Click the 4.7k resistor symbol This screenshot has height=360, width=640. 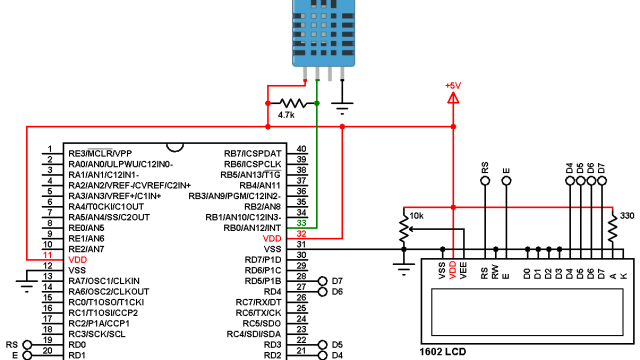292,103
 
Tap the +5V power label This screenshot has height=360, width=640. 454,85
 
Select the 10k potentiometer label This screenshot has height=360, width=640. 417,216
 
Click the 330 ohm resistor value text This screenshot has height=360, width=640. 627,216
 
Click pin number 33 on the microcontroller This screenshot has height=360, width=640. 301,223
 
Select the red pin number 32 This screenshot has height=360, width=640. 301,234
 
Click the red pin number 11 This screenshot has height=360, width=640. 47,258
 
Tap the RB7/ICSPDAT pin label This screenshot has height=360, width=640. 252,153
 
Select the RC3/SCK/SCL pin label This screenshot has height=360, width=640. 97,333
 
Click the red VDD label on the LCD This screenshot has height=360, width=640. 453,270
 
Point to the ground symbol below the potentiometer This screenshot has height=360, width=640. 403,265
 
